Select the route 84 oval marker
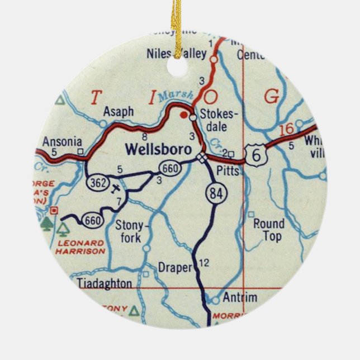coord(215,193)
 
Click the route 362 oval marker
coord(97,182)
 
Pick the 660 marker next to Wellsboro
coord(168,167)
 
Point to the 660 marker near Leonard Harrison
coord(92,221)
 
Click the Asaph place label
coord(118,112)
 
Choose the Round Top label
coord(269,230)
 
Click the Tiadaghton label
coord(105,283)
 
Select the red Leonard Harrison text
coord(80,247)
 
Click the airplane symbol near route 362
coord(116,188)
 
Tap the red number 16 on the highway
coord(286,130)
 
